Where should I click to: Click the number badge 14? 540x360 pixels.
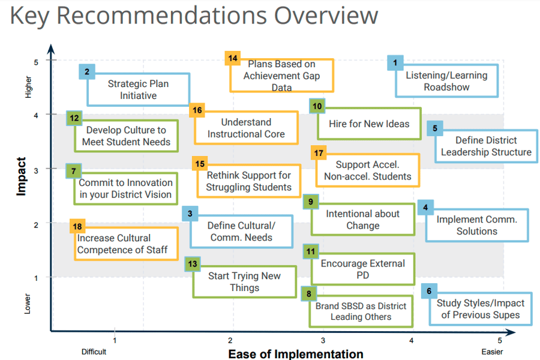(x=233, y=58)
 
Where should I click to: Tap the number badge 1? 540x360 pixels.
(x=395, y=62)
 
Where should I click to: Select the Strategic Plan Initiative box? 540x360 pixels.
(x=139, y=89)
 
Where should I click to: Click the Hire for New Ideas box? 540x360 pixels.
(x=369, y=124)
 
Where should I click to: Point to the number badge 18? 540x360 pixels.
(x=77, y=227)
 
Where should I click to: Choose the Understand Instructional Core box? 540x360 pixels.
(x=247, y=128)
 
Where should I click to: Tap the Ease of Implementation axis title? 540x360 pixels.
(x=295, y=353)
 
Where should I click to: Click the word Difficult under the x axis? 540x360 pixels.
(x=94, y=352)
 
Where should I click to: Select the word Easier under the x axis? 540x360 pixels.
(x=492, y=352)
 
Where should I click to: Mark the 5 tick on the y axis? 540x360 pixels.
(x=36, y=61)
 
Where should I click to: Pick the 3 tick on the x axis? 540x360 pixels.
(x=323, y=340)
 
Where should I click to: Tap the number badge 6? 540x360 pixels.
(x=428, y=292)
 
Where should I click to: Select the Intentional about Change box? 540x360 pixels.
(x=363, y=220)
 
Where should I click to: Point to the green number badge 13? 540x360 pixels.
(x=193, y=263)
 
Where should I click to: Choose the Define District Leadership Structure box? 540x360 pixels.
(x=486, y=146)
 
